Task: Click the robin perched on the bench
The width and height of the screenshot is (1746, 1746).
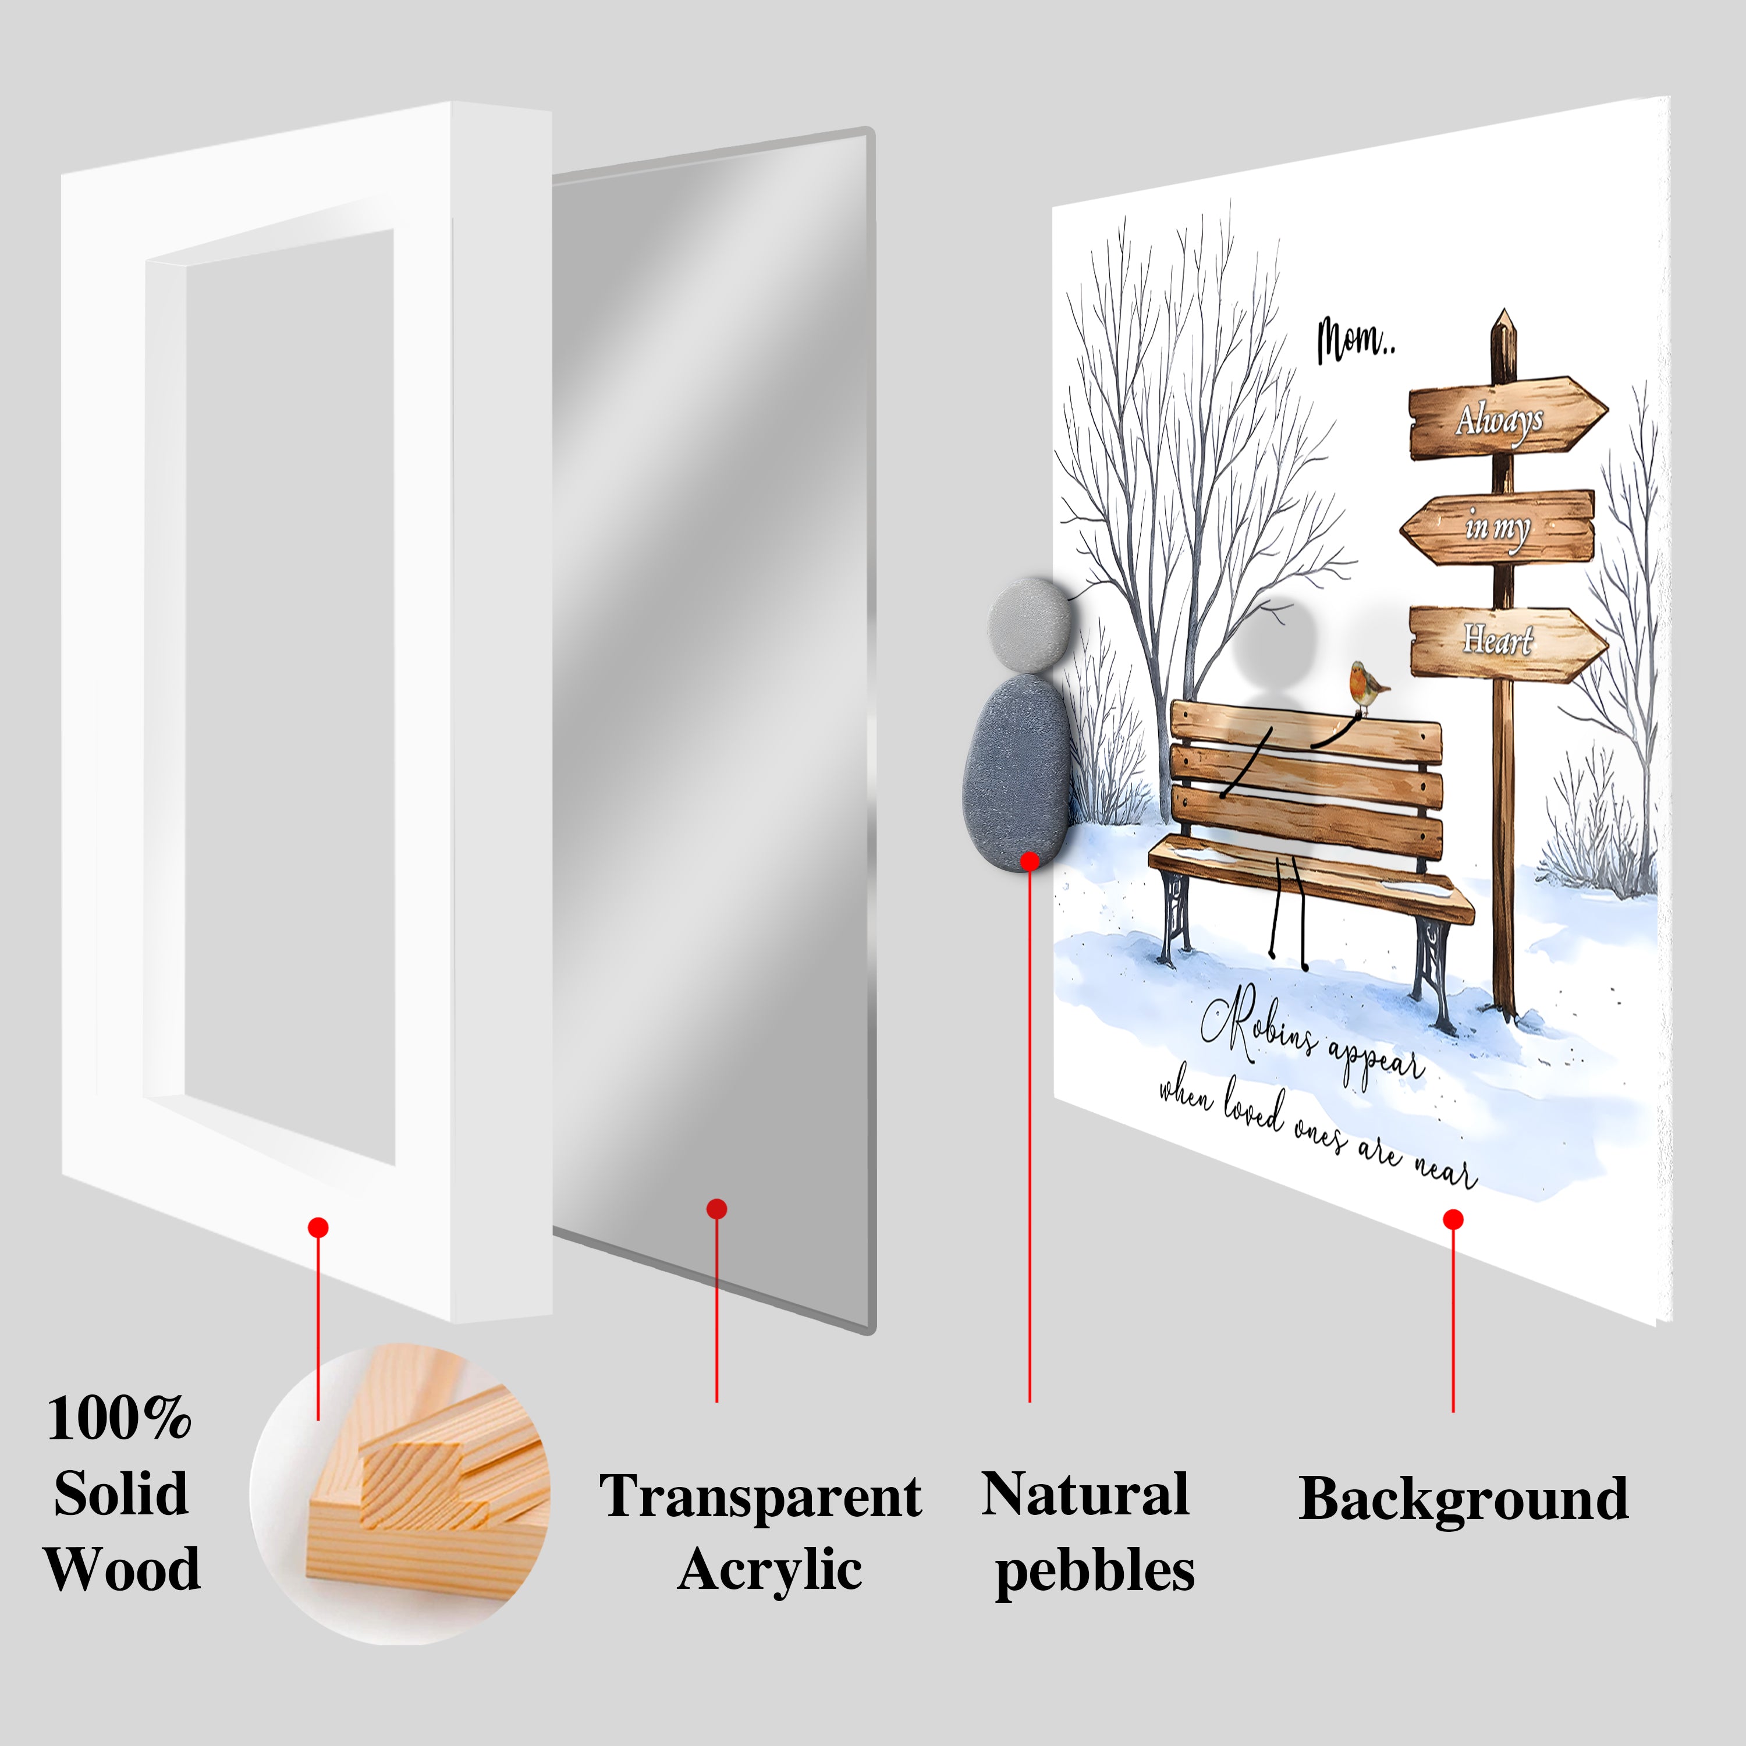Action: pos(1369,689)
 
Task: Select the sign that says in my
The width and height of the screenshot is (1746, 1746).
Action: pos(1496,527)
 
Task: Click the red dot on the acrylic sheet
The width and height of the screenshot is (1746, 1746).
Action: pos(716,1209)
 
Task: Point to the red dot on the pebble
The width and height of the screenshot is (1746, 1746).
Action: pos(1030,861)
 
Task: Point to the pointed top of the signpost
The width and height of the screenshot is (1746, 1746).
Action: pos(1504,310)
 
